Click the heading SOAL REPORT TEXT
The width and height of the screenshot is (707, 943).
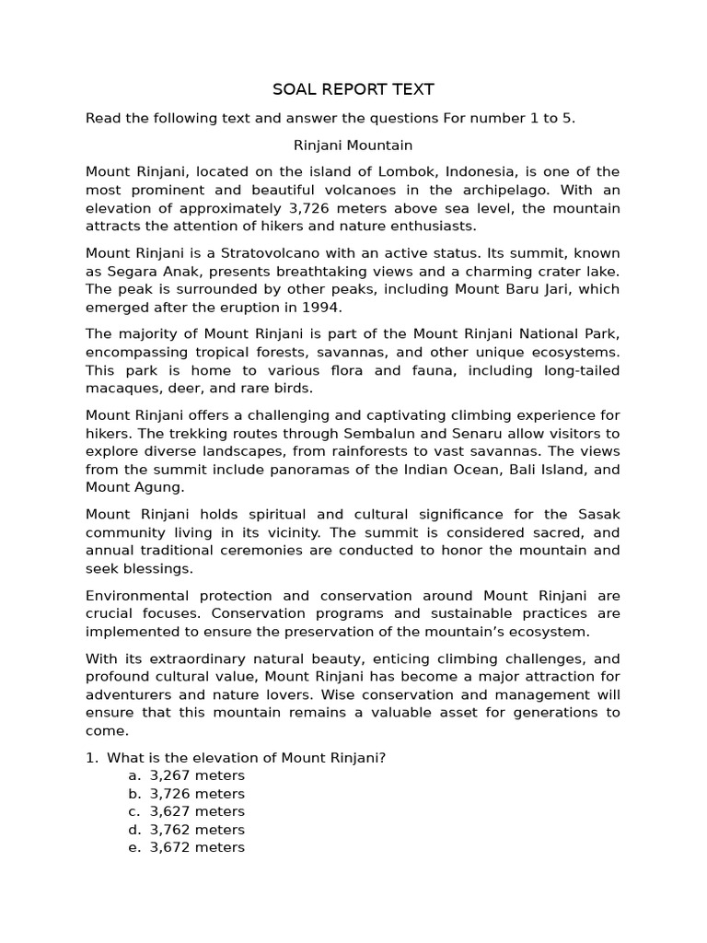click(x=353, y=89)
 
